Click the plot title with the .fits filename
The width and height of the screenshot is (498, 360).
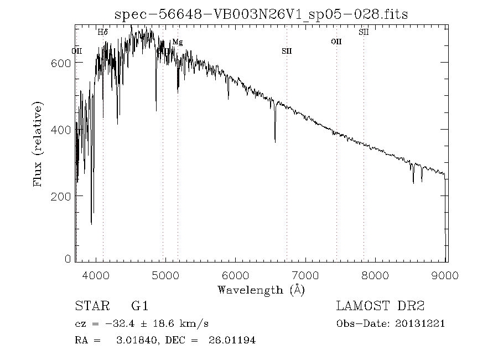click(261, 14)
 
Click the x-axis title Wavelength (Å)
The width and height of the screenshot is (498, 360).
click(261, 289)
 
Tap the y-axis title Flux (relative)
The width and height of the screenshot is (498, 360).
click(38, 144)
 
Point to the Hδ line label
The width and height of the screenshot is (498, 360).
click(103, 32)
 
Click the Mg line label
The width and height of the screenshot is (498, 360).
click(177, 42)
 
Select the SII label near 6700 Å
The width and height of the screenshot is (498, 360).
click(287, 51)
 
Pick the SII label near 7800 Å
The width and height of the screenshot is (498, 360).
click(364, 32)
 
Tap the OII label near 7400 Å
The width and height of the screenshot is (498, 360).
click(336, 42)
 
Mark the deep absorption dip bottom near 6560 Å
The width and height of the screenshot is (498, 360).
click(275, 142)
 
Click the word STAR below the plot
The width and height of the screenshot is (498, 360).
click(91, 306)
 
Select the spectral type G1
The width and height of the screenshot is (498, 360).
click(139, 306)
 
